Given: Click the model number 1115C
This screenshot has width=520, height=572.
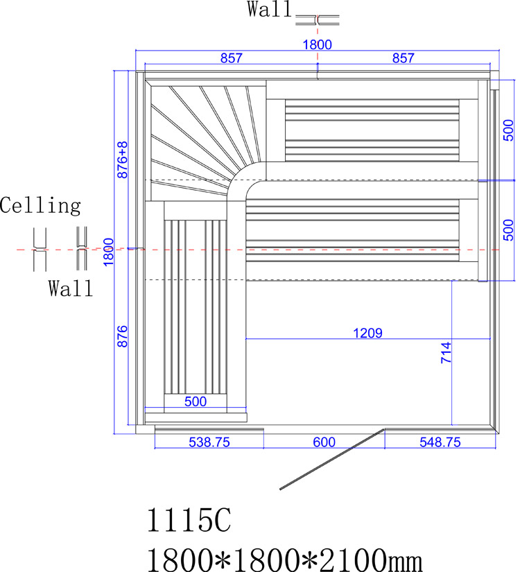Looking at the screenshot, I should coord(187,521).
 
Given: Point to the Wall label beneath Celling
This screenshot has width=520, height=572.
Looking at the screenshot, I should coord(70,288).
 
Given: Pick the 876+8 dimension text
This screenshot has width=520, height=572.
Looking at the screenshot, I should coord(123,160).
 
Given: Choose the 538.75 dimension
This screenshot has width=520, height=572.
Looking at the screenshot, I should coord(208,442).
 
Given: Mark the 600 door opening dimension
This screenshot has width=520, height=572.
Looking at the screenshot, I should coord(323,442).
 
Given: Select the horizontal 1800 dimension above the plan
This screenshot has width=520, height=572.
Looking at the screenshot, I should coord(317,45).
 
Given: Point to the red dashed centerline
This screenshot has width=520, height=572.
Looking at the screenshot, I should coord(347,249).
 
